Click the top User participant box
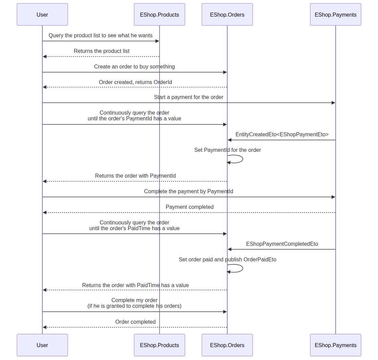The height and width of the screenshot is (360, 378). point(42,15)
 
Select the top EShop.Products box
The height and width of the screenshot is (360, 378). point(159,15)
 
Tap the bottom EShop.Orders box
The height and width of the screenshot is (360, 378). point(227,345)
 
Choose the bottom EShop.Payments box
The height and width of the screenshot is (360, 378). point(336,345)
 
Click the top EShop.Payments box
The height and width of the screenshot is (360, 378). point(336,15)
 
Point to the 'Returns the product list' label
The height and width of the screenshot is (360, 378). point(102,51)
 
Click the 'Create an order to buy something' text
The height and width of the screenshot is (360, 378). point(134,66)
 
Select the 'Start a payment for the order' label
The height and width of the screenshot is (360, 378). point(189,97)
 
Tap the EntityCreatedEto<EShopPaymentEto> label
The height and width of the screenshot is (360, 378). point(282,134)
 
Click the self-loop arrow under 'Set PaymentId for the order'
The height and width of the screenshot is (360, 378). point(243,159)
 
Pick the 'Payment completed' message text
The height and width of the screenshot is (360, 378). point(189,207)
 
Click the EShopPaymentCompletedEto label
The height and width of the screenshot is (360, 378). point(282,244)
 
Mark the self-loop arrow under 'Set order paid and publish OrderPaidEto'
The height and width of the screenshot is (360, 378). point(243,268)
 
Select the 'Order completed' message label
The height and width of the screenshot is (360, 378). point(135,322)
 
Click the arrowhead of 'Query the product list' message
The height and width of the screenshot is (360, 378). point(157,41)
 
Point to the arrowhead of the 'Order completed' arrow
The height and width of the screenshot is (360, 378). point(45,327)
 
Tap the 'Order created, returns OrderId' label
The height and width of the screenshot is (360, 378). point(135,82)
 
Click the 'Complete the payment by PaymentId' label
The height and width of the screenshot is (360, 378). point(189,191)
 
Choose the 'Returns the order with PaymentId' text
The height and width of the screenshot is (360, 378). point(135,176)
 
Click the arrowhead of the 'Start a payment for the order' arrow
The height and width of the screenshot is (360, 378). point(333,103)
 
